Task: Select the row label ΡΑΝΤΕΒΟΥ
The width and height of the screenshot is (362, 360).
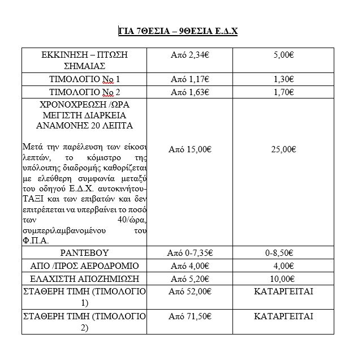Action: click(x=85, y=252)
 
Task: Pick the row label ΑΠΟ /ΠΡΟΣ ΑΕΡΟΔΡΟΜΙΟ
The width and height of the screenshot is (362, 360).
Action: click(x=85, y=265)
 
